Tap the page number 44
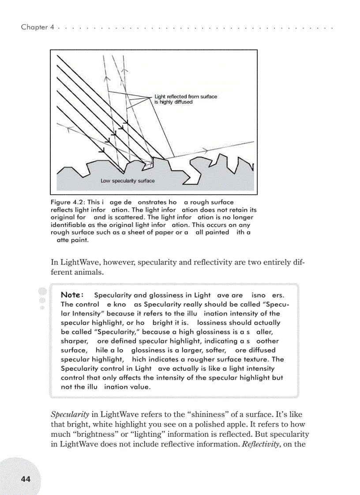coord(26,479)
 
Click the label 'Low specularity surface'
coord(127,181)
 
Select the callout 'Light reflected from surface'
coord(185,97)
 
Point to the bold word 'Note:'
coord(71,295)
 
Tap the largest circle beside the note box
coord(42,292)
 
